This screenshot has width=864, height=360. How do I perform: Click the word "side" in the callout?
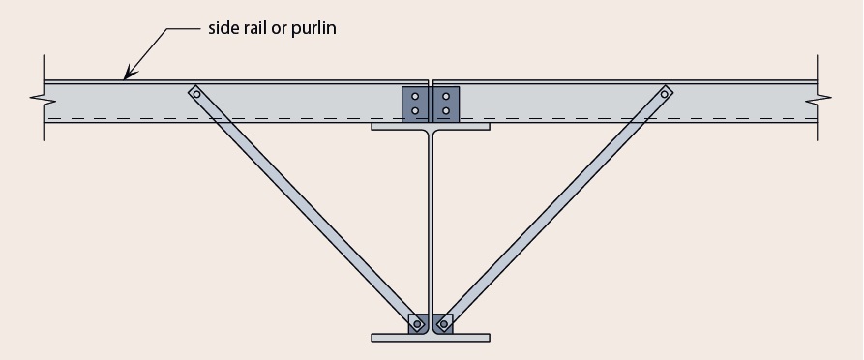tap(225, 28)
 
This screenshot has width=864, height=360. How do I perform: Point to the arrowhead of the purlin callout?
tap(126, 75)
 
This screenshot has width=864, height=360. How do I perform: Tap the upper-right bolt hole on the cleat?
tap(445, 96)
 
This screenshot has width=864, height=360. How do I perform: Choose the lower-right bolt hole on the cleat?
tap(445, 111)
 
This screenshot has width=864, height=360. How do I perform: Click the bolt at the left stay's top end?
tap(196, 94)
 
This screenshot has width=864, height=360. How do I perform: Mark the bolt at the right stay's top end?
tap(665, 94)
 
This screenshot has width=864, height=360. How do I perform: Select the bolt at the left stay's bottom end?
tap(417, 324)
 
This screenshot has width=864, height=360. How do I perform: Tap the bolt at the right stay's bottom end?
tap(443, 324)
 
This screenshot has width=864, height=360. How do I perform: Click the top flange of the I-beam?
tap(431, 126)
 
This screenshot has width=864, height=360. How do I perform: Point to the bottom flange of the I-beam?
tap(431, 338)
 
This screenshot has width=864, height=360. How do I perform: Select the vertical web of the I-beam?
tap(431, 223)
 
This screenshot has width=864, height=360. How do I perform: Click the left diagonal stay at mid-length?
tap(306, 208)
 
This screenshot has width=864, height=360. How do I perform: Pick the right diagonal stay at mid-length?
tap(554, 208)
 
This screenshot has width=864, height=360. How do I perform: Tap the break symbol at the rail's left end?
tap(39, 99)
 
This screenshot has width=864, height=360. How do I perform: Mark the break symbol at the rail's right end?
tap(823, 99)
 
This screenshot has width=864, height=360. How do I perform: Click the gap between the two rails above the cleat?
tap(431, 83)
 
